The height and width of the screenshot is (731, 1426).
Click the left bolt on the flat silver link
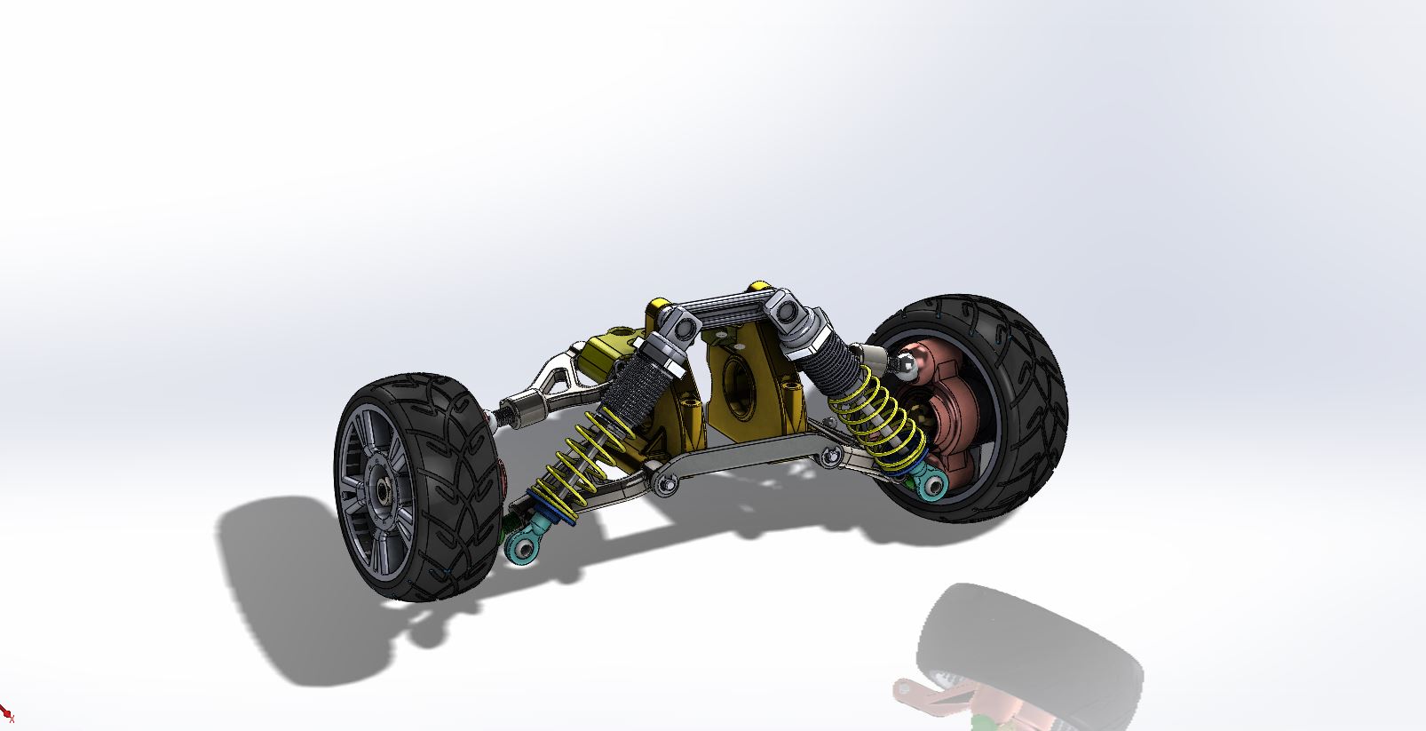[x=662, y=484]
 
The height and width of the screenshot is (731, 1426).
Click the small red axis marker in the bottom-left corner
[x=7, y=715]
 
